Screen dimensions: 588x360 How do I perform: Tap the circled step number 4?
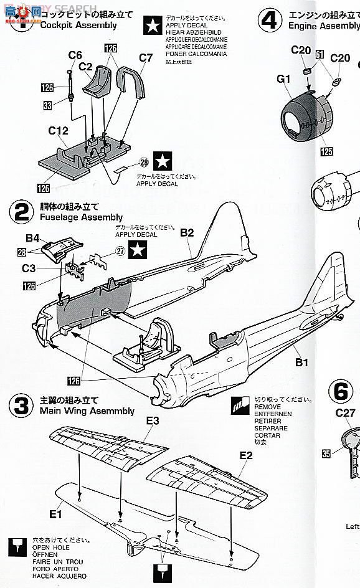[x=269, y=21]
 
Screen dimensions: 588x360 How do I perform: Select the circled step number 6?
[x=340, y=391]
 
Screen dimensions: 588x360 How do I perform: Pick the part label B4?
[x=32, y=237]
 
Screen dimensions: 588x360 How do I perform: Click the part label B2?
[x=187, y=232]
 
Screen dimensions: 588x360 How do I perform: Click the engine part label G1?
[x=284, y=78]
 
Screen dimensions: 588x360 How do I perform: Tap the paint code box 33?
[x=47, y=106]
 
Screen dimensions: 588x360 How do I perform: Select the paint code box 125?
[x=326, y=151]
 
